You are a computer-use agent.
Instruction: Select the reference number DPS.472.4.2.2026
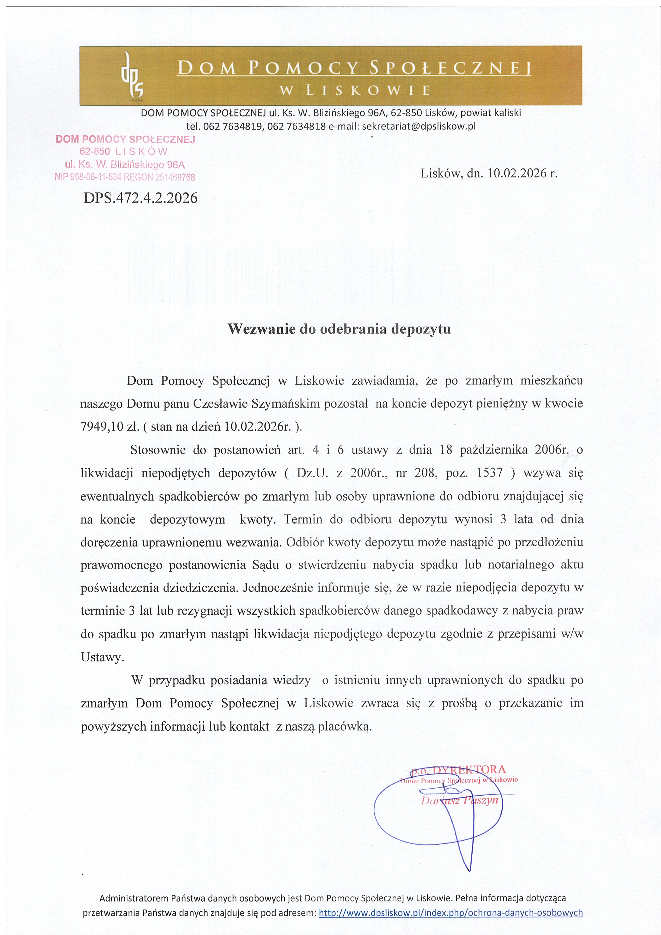point(140,198)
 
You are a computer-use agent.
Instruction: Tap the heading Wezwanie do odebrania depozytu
point(339,329)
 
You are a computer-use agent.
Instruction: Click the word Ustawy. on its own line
point(102,657)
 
